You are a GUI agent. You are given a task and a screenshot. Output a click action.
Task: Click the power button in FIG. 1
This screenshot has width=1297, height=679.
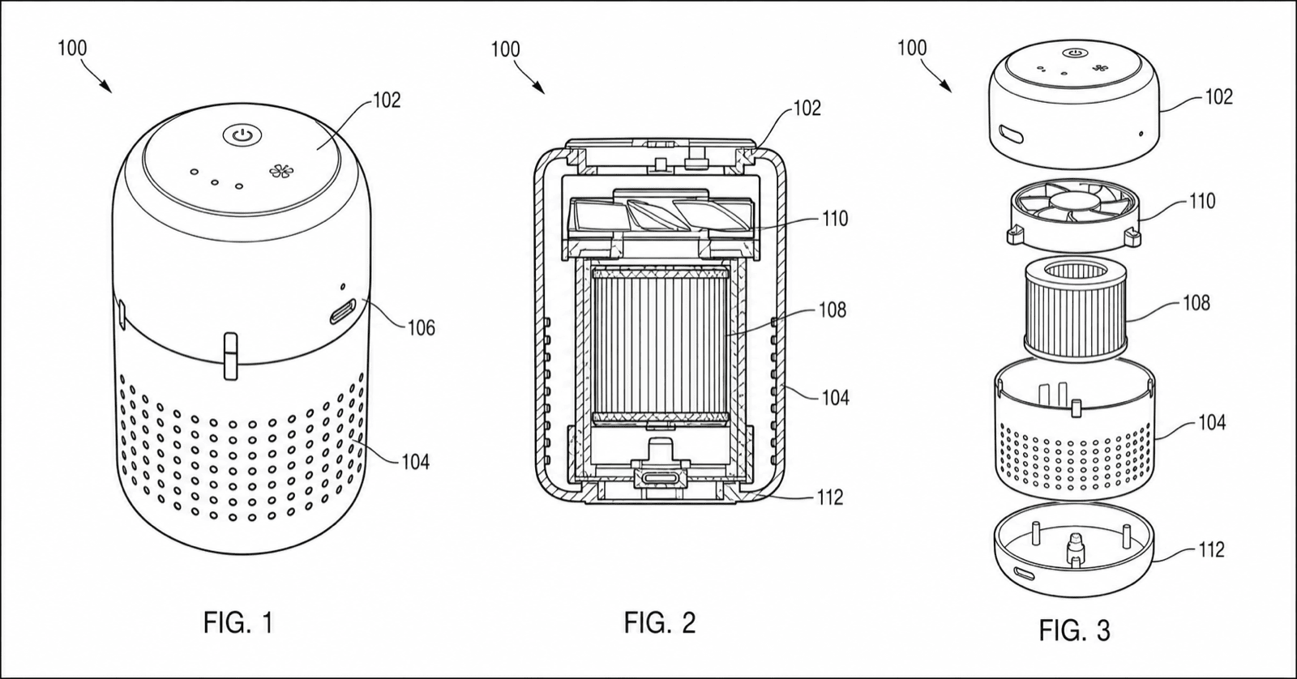[242, 136]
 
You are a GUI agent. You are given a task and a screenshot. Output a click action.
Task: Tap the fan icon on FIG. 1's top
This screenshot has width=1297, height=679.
[282, 171]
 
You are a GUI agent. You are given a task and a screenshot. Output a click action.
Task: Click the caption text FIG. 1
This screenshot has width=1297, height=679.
[238, 622]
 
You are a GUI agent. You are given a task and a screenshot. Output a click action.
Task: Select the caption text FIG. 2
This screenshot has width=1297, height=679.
[660, 622]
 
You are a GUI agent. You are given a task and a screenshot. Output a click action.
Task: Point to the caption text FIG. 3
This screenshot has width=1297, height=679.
[1075, 630]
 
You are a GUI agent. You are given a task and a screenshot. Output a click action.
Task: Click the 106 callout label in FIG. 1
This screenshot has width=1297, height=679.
[421, 328]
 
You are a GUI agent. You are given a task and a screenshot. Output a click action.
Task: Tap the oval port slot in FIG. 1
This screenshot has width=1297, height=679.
[344, 313]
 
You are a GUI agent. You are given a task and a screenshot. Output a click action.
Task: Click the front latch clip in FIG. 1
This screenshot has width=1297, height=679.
[230, 356]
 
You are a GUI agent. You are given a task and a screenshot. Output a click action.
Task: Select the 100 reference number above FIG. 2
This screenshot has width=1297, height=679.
[506, 49]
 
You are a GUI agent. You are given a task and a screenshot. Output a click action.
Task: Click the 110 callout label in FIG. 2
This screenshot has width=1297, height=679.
[835, 219]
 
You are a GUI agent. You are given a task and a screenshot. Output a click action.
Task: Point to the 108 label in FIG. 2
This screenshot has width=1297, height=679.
[833, 310]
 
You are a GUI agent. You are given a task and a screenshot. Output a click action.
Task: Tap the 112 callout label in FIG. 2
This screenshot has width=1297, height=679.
[830, 498]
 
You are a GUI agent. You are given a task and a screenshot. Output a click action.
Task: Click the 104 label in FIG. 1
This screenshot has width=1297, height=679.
[415, 462]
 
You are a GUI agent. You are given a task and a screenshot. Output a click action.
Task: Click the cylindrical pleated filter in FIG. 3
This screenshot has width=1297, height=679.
[1075, 308]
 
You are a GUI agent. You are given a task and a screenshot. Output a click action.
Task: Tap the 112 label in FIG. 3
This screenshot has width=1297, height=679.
[1211, 549]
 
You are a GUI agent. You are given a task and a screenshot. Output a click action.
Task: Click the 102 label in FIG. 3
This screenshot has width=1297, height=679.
[1219, 96]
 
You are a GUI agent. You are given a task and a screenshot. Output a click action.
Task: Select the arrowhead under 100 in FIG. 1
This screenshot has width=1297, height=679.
[105, 86]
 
